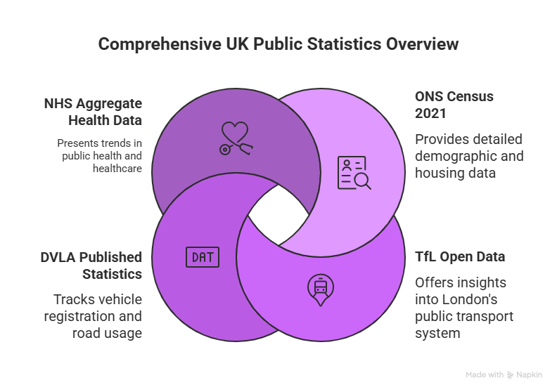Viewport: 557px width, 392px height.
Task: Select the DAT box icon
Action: coord(203,257)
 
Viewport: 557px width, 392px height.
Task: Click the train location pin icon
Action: coord(321,289)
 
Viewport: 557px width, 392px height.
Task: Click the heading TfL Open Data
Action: coord(459,256)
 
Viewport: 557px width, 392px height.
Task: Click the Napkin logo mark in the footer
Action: coord(510,374)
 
